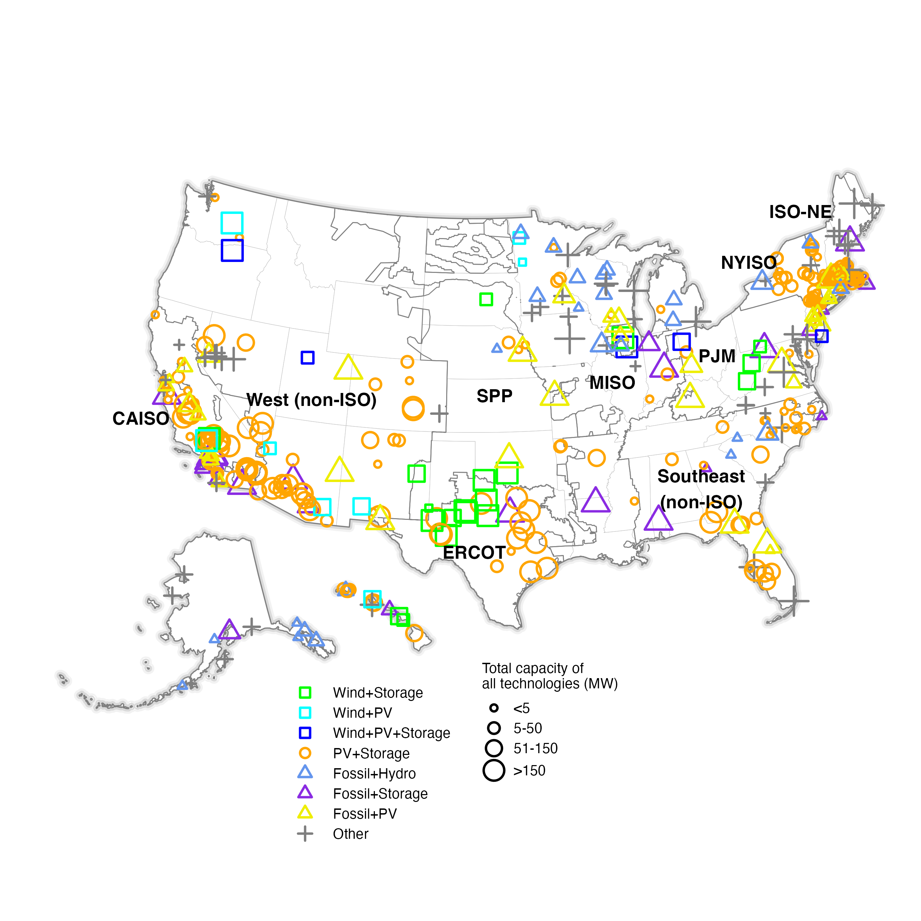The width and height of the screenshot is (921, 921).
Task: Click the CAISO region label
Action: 141,419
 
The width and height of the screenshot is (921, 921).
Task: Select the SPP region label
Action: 494,396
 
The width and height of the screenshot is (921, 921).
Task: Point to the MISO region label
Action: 612,382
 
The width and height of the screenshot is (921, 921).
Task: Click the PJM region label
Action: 716,356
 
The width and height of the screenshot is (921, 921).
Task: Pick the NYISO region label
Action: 748,262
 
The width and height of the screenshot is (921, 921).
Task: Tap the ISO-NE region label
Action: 800,211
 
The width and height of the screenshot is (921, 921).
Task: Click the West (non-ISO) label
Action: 311,399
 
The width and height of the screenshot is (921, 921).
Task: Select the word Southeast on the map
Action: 701,476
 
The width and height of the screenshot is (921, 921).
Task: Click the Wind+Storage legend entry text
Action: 378,693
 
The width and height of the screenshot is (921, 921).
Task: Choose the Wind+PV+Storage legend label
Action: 391,733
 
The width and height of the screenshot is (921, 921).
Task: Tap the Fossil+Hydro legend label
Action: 374,773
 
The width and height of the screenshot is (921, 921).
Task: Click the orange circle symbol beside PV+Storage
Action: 305,753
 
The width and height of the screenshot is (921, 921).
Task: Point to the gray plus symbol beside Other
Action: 305,834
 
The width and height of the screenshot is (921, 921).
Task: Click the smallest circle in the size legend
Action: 494,708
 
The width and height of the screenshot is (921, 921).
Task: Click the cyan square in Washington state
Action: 232,223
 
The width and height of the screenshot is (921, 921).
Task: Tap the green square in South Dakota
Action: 486,299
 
